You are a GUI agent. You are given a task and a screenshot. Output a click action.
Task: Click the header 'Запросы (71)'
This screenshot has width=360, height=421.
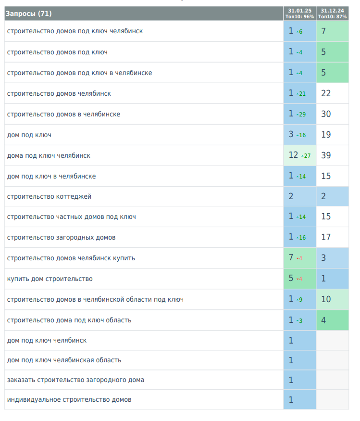coord(29,13)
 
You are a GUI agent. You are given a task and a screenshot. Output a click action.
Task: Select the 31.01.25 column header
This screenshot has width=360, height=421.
coord(299,13)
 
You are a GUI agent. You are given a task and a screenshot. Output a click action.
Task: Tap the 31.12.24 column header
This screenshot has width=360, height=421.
coord(332,13)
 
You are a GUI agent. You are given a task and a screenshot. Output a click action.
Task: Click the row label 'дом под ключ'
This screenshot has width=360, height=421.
coord(29,135)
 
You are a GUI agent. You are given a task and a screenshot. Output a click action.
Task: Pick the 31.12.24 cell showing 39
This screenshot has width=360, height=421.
coord(332,155)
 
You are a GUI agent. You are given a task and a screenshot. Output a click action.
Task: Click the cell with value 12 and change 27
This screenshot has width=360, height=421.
coord(299,155)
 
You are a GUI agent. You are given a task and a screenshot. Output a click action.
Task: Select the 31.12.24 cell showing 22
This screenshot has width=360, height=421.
coord(332,93)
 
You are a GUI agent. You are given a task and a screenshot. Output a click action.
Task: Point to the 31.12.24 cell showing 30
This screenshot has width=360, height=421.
coord(332,114)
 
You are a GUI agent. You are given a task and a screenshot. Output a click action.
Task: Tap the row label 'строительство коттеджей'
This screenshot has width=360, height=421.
coord(49,196)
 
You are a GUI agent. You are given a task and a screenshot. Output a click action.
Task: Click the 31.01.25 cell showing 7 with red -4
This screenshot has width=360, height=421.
coord(299,258)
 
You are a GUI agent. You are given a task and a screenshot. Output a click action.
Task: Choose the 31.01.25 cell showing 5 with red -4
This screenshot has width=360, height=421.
coord(299,279)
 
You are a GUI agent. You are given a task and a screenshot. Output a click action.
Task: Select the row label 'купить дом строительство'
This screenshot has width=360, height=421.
coord(50,279)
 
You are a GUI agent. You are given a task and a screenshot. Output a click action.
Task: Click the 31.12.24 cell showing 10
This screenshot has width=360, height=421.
coord(332,299)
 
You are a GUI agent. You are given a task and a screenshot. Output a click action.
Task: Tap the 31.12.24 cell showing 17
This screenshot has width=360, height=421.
coord(332,237)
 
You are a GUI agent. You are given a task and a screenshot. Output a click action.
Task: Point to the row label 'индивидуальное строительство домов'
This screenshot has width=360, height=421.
coord(69,399)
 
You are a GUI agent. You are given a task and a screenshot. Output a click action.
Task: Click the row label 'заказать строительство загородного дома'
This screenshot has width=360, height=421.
coord(75,380)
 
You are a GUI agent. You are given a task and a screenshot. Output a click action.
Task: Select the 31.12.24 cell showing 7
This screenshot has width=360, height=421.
coord(332,31)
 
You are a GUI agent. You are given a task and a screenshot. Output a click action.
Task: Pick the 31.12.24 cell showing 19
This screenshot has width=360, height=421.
coord(332,135)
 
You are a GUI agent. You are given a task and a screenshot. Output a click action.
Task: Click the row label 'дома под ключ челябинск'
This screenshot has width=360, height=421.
coord(49,155)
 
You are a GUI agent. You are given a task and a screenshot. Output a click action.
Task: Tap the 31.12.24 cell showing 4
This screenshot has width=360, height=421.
coord(332,320)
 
